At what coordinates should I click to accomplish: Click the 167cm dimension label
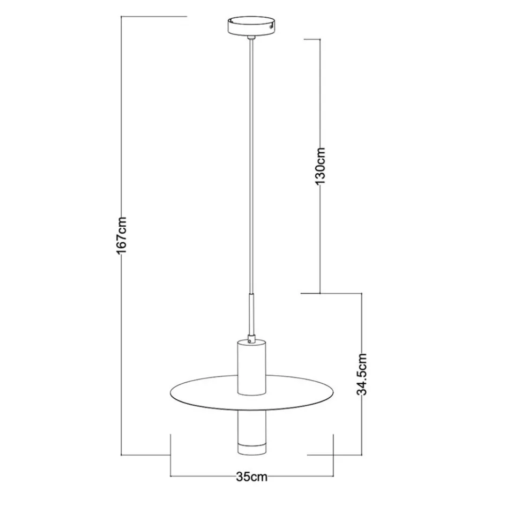[123, 235]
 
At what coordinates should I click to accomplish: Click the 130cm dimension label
[321, 166]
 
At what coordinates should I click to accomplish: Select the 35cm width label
[251, 477]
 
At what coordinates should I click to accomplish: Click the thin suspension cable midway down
[251, 161]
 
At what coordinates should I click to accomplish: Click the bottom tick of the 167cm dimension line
[145, 455]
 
